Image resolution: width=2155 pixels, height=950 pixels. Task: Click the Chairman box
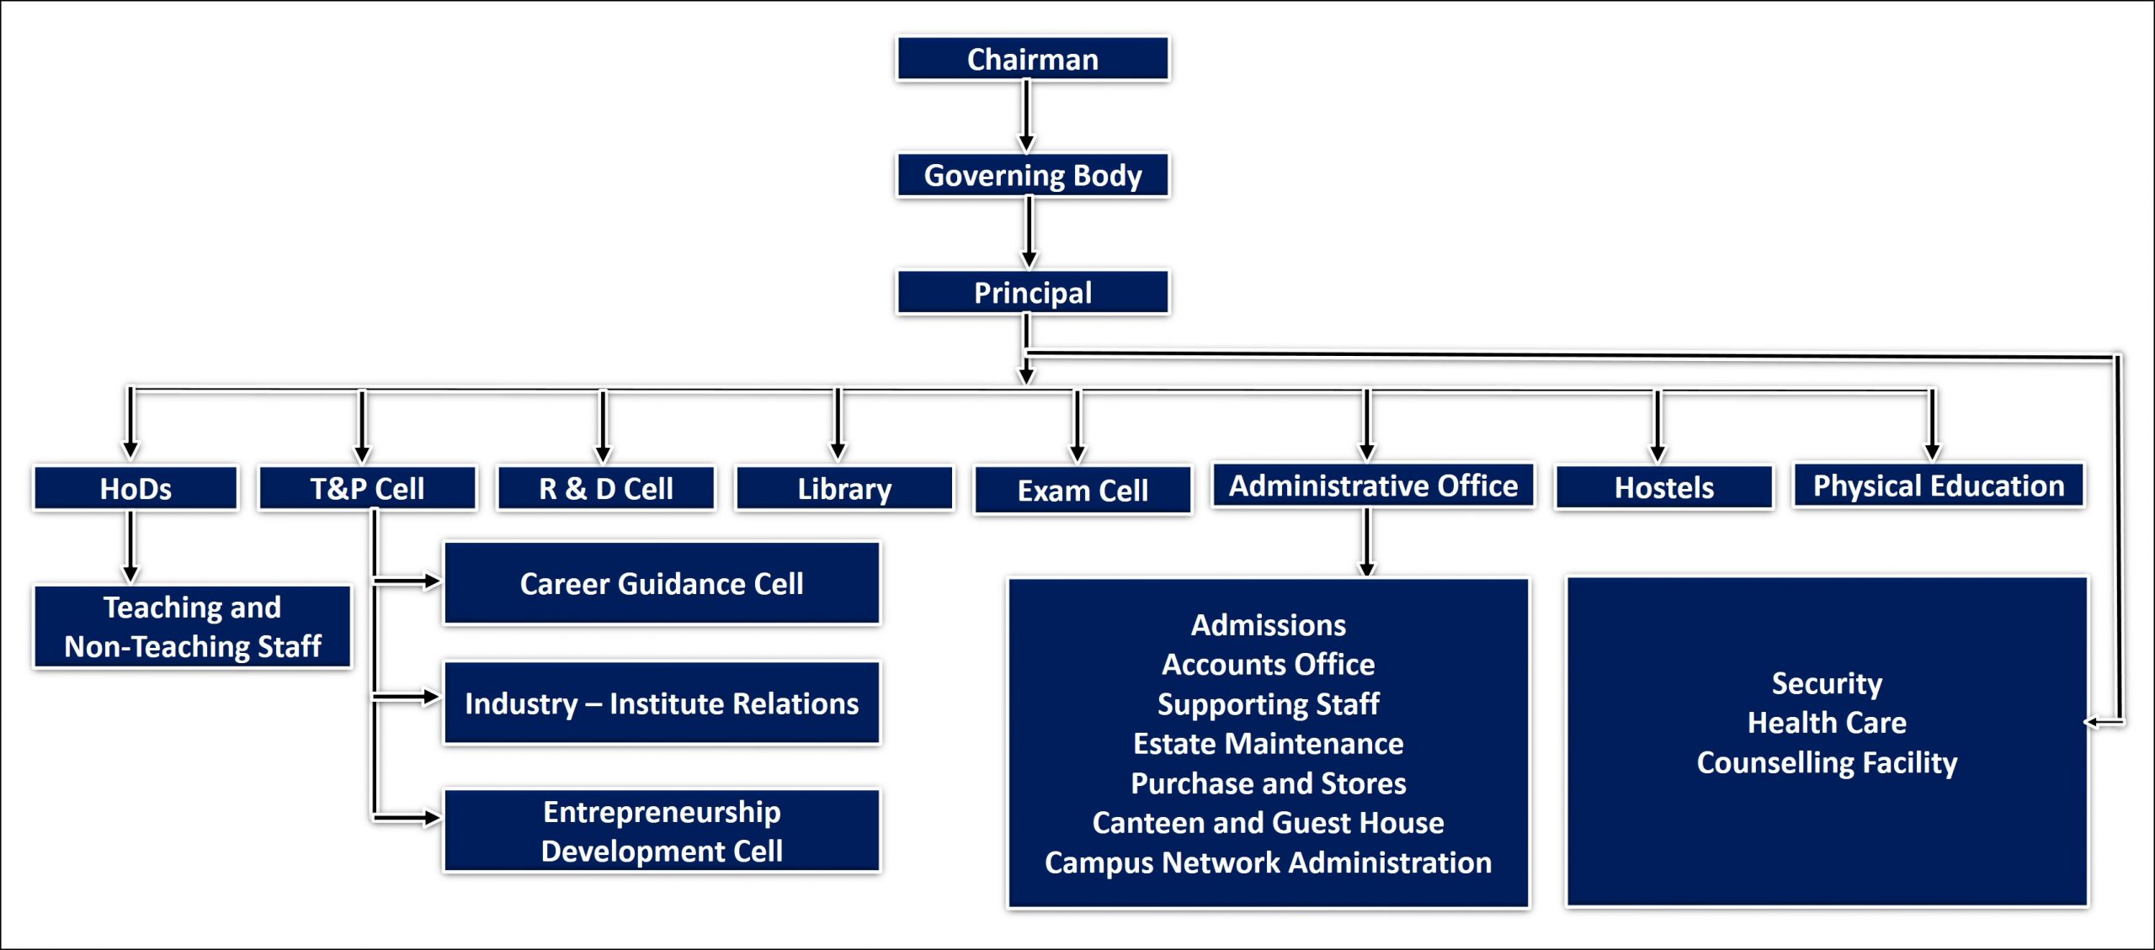[x=1033, y=59]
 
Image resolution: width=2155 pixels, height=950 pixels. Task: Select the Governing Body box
[x=1033, y=175]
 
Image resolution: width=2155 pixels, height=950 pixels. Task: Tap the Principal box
[x=1033, y=292]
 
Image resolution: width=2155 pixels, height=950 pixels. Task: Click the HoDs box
[x=136, y=488]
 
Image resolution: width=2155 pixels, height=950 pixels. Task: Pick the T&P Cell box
[x=368, y=488]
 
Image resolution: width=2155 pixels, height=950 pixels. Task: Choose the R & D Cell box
[x=606, y=488]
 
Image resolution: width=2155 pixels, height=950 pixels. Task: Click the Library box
[x=844, y=488]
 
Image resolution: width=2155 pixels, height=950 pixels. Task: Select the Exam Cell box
[x=1083, y=490]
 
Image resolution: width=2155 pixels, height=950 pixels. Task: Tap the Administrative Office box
[x=1373, y=486]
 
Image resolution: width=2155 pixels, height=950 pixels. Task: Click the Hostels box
[x=1664, y=487]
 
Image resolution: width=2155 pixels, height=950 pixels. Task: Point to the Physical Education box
[x=1939, y=486]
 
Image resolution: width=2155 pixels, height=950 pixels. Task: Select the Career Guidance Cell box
[x=662, y=583]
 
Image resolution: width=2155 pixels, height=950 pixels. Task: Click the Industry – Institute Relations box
[x=662, y=703]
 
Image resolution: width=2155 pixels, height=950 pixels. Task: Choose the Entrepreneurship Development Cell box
[x=662, y=831]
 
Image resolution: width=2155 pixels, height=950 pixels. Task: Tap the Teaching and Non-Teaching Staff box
[x=193, y=627]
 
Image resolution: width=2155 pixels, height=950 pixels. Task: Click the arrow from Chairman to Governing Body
[x=1026, y=116]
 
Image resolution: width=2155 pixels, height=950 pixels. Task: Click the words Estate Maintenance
[x=1268, y=744]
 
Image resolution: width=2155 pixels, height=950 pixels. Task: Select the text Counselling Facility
[x=1827, y=762]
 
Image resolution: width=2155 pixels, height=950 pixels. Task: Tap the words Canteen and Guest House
[x=1268, y=823]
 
